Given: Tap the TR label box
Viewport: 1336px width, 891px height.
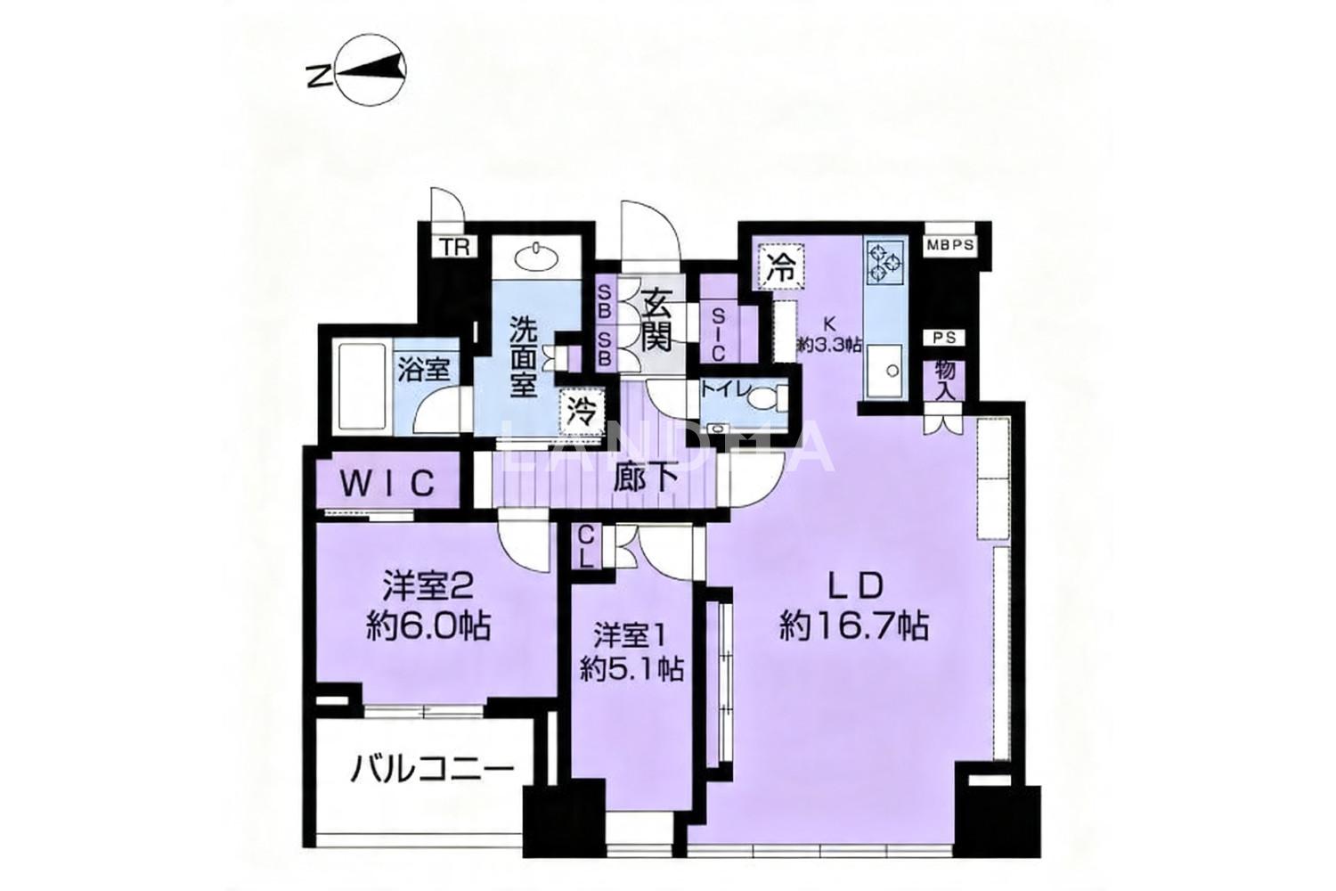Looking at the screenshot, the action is coord(455,247).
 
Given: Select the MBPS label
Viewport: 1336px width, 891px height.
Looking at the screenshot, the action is coord(950,245).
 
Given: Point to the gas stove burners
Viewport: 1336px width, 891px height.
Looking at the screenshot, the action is coord(885,261).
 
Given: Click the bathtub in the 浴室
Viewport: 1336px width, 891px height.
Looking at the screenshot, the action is coord(362,387).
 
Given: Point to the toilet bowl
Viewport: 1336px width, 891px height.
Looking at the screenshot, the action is coord(766,398).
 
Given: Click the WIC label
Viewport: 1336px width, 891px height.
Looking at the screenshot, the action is coord(387,483).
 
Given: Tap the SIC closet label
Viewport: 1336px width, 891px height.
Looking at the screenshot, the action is coord(718,334).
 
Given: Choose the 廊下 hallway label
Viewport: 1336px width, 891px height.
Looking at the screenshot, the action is coord(646,478).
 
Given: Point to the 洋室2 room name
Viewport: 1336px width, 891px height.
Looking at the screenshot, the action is coord(428,587).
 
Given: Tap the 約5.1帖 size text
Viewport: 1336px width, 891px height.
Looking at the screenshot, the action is coord(631,669).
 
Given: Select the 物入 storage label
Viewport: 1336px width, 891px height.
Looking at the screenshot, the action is coord(945,380).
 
